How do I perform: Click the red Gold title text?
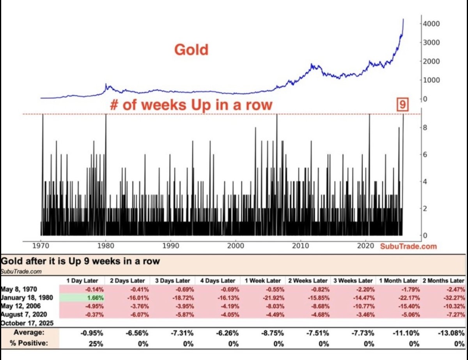(191, 50)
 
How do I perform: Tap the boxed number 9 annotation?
(402, 105)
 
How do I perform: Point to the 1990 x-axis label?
(170, 246)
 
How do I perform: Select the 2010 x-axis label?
(300, 246)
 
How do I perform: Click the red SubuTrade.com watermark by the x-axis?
(409, 246)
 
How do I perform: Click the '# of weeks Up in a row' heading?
(191, 105)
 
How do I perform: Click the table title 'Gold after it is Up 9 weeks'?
(81, 261)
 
